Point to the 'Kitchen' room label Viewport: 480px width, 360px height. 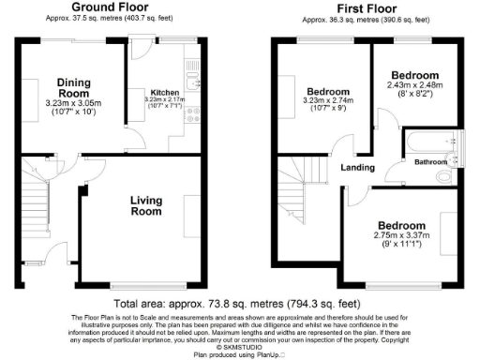165,92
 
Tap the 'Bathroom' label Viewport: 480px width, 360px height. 431,163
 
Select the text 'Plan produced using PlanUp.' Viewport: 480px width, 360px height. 239,355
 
